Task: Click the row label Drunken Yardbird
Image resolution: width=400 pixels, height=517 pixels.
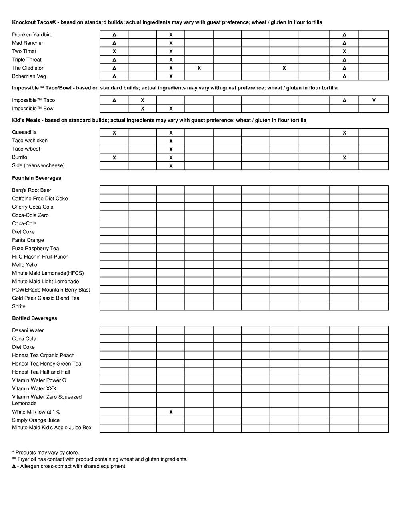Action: [x=32, y=35]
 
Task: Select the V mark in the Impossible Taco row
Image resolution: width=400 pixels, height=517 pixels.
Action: [x=374, y=100]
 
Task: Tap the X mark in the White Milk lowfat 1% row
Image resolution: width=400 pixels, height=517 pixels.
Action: [x=171, y=412]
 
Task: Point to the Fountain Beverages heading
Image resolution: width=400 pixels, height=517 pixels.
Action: [x=36, y=178]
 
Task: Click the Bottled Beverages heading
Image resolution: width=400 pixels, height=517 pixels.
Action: [x=34, y=318]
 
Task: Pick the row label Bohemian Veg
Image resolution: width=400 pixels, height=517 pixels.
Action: [x=29, y=76]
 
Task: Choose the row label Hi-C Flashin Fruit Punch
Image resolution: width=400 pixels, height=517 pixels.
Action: [x=40, y=257]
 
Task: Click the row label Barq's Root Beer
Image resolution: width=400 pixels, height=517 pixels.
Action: [x=32, y=190]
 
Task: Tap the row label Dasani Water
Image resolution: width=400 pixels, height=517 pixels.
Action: [x=28, y=330]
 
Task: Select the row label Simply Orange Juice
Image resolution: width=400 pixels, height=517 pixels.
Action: [x=36, y=420]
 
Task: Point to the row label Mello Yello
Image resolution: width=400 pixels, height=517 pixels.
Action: [x=24, y=265]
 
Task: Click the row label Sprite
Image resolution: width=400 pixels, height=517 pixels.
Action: [x=19, y=306]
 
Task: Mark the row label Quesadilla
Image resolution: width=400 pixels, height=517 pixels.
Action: [x=24, y=132]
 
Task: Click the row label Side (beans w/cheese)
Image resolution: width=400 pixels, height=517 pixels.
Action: [x=38, y=165]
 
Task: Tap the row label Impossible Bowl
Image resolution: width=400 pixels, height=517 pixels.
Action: [x=33, y=109]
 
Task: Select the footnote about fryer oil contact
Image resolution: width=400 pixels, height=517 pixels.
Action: [x=100, y=459]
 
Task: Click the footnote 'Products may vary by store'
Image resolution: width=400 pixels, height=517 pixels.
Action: [x=46, y=453]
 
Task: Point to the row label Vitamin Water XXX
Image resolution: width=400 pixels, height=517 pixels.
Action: [x=34, y=388]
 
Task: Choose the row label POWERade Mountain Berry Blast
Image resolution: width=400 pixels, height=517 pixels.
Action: [x=51, y=290]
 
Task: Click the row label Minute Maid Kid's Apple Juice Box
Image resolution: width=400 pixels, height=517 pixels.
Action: [x=52, y=428]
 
